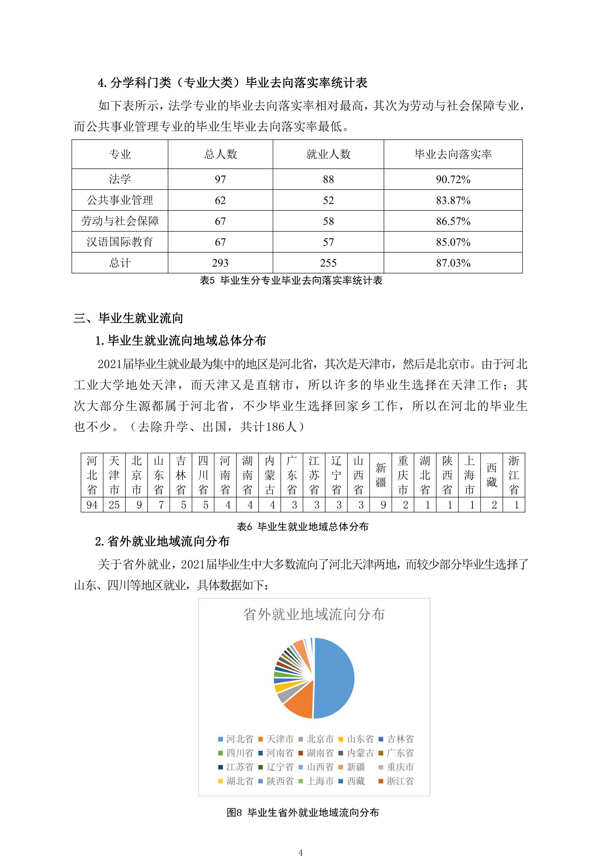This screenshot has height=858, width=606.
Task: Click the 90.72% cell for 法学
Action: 453,179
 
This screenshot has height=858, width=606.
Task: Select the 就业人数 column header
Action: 328,154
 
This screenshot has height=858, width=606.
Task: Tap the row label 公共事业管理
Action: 120,200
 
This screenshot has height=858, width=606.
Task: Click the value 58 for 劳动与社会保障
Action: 328,221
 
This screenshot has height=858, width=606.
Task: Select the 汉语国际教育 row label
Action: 120,242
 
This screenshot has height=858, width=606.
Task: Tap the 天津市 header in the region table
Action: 114,475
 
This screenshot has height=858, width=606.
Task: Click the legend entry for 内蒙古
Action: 356,753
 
